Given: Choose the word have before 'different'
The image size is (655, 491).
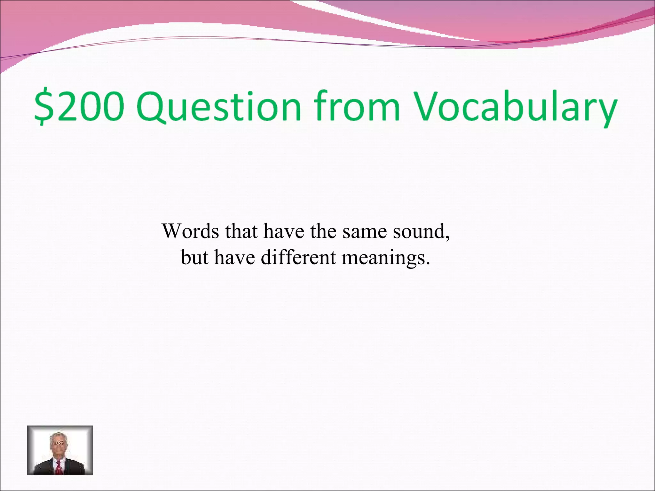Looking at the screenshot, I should (x=234, y=257).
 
